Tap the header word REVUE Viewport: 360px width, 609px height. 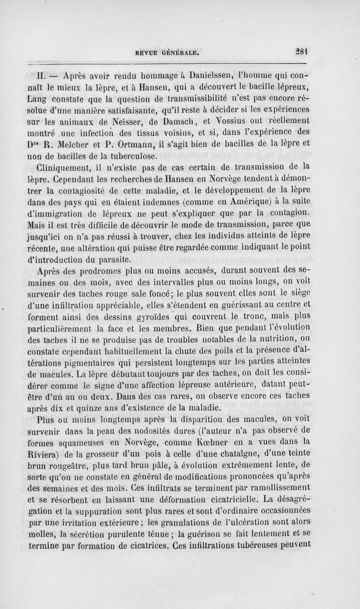click(x=142, y=52)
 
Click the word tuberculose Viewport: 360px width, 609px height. click(x=131, y=157)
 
